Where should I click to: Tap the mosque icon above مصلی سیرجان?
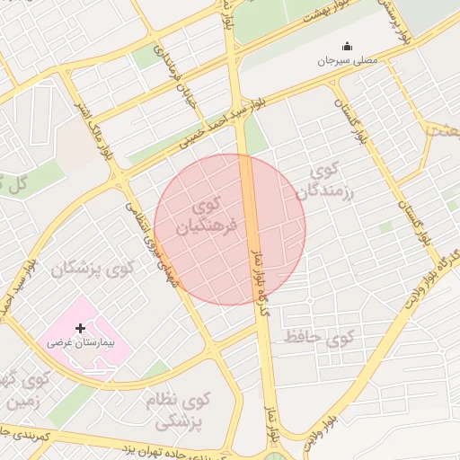[x=347, y=47]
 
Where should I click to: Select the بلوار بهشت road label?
[x=327, y=13]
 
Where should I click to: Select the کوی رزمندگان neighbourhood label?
[x=333, y=181]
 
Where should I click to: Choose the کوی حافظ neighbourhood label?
[x=320, y=338]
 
